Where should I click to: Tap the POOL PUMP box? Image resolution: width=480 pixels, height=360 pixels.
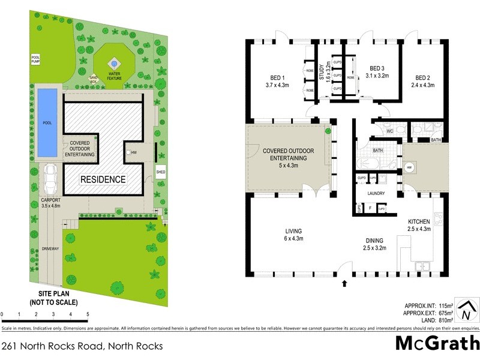[x=35, y=59]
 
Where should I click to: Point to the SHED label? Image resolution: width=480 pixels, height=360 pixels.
[x=160, y=172]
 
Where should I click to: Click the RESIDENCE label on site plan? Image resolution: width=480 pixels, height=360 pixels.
[x=104, y=179]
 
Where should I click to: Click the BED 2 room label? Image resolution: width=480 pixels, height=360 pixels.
[x=423, y=81]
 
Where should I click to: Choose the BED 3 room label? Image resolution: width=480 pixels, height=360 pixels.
[x=377, y=72]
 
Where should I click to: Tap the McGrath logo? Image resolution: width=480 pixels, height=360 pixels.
[x=437, y=344]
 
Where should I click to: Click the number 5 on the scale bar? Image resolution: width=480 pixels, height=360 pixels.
[x=88, y=314]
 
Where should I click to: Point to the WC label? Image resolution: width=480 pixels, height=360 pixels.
[x=389, y=130]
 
